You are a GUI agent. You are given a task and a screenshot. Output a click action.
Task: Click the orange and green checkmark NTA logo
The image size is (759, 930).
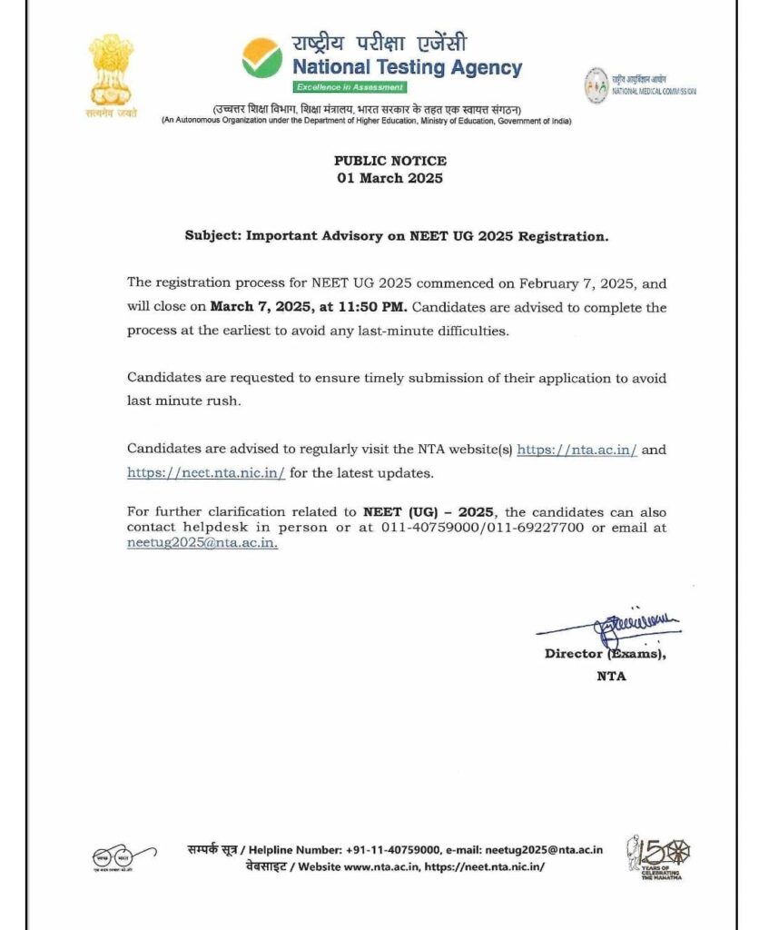(x=261, y=57)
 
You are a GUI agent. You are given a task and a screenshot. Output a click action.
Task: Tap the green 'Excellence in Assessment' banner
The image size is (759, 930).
(x=350, y=87)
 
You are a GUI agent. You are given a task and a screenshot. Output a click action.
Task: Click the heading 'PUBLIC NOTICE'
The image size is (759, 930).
(x=390, y=161)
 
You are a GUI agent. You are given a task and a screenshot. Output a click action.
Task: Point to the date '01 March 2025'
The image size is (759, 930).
(x=390, y=178)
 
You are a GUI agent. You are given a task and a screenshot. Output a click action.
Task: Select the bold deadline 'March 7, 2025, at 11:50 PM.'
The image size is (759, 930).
(x=310, y=308)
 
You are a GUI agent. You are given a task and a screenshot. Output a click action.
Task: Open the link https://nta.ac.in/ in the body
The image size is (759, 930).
(x=577, y=450)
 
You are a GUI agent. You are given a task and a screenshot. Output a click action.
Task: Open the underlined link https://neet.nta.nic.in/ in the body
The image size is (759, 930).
(x=206, y=473)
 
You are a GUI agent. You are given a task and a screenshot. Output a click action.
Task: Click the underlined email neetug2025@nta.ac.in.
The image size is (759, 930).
(x=202, y=543)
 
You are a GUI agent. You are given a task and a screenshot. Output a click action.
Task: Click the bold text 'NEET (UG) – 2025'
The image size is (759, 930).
(x=429, y=511)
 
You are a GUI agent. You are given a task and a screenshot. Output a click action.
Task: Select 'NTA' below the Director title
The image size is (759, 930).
(x=611, y=676)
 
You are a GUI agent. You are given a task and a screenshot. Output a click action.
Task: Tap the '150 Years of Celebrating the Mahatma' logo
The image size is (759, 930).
(x=658, y=857)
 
